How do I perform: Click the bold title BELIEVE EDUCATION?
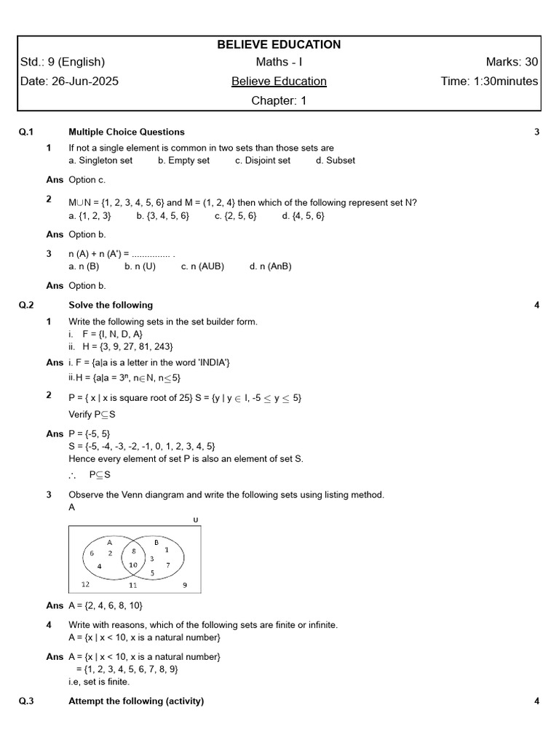(279, 44)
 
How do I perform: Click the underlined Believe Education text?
(279, 81)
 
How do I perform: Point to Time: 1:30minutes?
(489, 81)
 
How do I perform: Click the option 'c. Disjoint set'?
(262, 161)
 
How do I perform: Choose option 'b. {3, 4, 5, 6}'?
(162, 216)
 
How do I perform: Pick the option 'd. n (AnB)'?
(270, 266)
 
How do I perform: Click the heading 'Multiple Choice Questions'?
(126, 132)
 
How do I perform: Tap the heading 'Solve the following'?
(111, 305)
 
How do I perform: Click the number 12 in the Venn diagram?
(86, 584)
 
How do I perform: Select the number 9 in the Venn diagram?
(185, 584)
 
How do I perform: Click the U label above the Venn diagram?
(196, 519)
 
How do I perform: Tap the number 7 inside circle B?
(168, 565)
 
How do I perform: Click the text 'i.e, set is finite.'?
(99, 682)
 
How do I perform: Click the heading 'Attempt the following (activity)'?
(136, 701)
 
